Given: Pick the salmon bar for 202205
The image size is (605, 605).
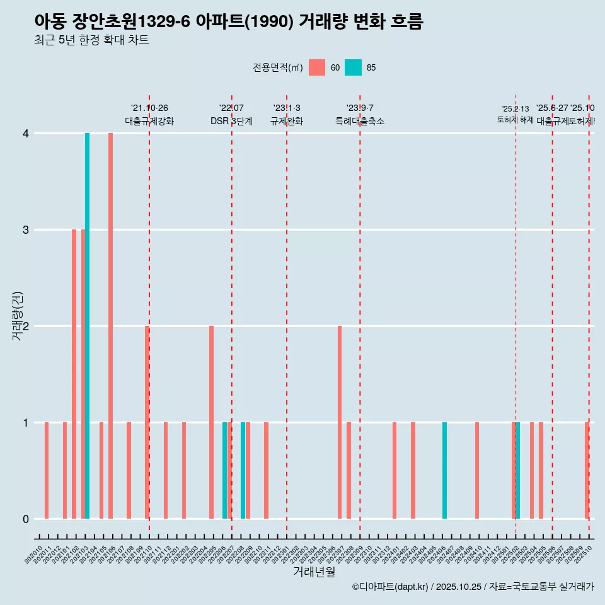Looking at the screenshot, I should pos(211,422).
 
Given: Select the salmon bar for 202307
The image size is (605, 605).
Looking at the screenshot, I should pos(340,422).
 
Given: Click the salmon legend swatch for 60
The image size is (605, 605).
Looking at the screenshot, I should pos(317,67).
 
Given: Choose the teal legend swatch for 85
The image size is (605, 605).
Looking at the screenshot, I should pos(354,67).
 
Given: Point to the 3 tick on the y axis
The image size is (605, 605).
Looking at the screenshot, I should pos(26,229).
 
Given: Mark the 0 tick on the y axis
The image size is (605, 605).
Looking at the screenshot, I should pos(26,519).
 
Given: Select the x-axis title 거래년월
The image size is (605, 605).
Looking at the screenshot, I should pos(314,572).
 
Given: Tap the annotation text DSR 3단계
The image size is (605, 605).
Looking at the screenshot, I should pos(231,121).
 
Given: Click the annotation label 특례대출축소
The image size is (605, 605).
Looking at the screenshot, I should pos(360,121).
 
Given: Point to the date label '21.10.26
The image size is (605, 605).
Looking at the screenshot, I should pos(149,108).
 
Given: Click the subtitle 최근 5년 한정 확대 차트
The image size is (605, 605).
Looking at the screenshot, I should pos(91,40).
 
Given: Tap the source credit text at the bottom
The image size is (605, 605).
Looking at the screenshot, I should pos(473,587).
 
